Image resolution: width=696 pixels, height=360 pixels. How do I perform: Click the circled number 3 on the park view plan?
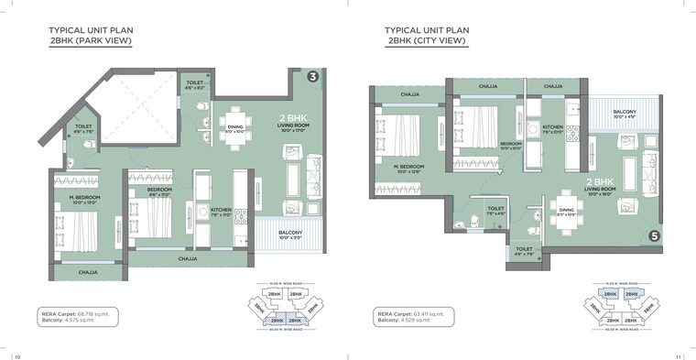point(313,76)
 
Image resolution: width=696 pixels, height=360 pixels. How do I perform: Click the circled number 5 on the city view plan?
point(653,235)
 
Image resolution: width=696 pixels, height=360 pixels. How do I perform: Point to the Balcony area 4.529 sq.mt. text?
point(410,321)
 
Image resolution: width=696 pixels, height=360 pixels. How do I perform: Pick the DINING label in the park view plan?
point(235,127)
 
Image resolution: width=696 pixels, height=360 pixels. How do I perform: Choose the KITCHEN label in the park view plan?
point(221,210)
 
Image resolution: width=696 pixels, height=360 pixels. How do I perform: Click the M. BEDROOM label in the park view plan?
point(84,197)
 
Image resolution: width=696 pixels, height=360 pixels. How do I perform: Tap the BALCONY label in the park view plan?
point(290,233)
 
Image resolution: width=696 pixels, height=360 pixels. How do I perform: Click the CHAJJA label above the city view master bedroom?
point(408,93)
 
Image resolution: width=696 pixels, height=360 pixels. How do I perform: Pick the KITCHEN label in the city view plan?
point(552,127)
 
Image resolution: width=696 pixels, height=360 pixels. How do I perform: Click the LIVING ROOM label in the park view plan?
point(294,125)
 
